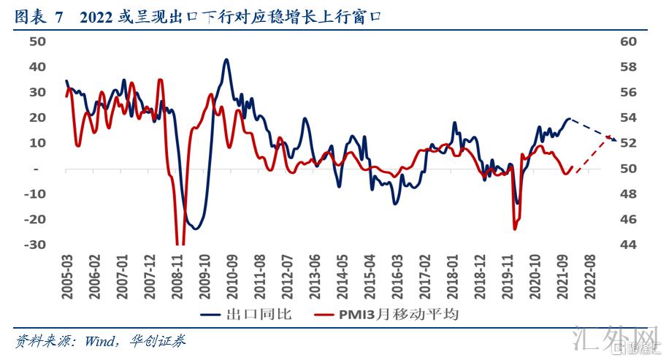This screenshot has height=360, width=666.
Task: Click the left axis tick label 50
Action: [37, 42]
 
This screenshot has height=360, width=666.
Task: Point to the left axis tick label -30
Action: [34, 245]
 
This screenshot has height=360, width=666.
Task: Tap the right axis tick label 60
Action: [628, 42]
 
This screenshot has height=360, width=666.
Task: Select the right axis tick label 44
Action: [628, 245]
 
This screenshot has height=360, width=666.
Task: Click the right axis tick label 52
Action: [628, 143]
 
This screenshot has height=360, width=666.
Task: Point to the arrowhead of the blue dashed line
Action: [616, 139]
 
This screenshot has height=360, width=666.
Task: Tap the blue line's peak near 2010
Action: [226, 60]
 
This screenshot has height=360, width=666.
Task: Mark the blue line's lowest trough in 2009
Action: [194, 229]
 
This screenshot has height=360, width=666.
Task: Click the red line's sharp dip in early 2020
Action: [515, 229]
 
